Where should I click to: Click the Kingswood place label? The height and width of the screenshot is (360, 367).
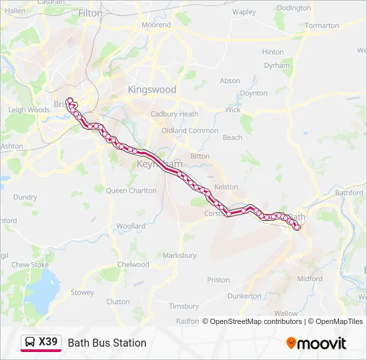click(152, 89)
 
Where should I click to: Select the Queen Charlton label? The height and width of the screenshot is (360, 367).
click(131, 191)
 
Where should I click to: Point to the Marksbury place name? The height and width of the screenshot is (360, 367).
click(179, 255)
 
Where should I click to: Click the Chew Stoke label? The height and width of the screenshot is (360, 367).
click(30, 265)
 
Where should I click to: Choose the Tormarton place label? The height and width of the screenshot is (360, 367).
click(322, 25)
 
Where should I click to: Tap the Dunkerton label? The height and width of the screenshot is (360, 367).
click(244, 295)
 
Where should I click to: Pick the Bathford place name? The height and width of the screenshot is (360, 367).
click(349, 193)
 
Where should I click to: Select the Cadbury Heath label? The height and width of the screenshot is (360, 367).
click(174, 114)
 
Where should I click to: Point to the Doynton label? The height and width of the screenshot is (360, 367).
click(254, 93)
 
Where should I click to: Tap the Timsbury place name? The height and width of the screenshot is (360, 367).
click(183, 306)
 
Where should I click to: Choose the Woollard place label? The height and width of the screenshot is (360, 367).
click(131, 226)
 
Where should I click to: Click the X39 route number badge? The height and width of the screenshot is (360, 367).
click(48, 342)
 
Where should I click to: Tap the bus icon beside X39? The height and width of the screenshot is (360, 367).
click(30, 343)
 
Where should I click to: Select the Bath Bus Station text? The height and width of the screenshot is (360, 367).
click(107, 343)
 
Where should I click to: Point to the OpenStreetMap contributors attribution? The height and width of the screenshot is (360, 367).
click(256, 321)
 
